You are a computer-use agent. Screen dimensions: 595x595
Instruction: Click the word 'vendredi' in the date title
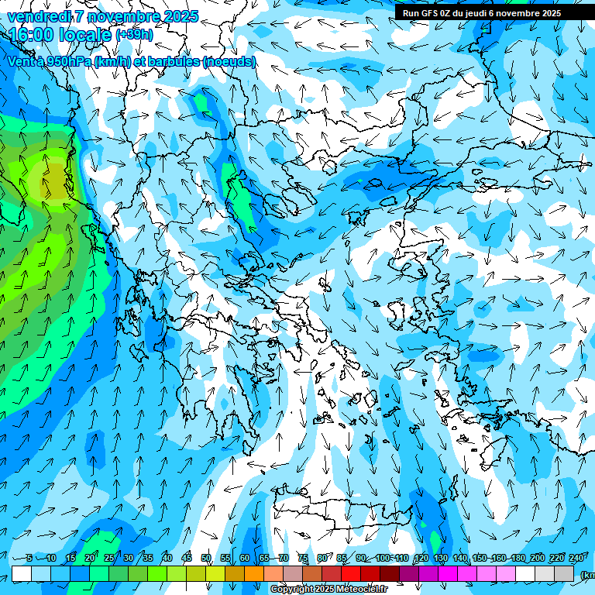[39, 16]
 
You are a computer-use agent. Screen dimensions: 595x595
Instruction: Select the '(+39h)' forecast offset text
[134, 35]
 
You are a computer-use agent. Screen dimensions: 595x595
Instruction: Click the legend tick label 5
[29, 559]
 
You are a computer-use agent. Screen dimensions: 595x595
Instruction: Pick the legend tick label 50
[206, 559]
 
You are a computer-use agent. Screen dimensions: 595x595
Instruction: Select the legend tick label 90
[361, 559]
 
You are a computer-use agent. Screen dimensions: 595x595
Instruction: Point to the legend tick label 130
[440, 559]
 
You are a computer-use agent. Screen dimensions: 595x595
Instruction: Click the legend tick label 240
[576, 559]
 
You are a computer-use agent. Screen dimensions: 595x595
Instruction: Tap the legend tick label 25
[109, 559]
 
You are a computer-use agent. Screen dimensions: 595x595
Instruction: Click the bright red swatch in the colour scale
[351, 573]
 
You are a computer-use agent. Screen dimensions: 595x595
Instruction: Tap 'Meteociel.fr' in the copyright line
[363, 590]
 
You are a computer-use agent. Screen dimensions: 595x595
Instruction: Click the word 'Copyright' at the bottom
[291, 590]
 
